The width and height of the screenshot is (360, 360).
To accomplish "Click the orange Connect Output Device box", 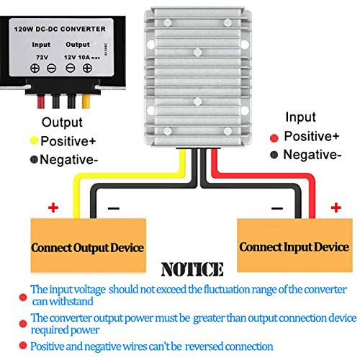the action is pos(89,245).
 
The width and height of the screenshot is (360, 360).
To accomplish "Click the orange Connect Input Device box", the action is pos(294,245).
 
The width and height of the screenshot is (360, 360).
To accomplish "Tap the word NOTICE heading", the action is pos(192,269).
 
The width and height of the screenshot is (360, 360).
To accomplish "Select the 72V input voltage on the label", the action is pos(42,58).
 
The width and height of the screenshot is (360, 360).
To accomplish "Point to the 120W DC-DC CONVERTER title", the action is pos(60,29).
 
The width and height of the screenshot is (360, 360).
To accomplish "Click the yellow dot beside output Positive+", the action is pos(35,140).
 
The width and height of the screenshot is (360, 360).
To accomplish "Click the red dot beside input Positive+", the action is pos(274,138).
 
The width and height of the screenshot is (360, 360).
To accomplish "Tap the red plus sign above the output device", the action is pos(53,207).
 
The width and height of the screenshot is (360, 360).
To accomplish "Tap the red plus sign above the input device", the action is pos(336,207).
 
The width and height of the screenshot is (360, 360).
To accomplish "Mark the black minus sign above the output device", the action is pos(114,208).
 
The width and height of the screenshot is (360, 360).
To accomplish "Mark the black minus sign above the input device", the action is pos(277,208).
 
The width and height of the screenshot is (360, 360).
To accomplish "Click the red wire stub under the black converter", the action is pos(41,102).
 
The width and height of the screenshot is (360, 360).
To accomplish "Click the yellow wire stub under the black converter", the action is pos(86,102).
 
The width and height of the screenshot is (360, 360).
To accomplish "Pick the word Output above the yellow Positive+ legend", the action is pos(62,122).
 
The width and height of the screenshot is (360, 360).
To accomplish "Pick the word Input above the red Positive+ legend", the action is pos(300,117).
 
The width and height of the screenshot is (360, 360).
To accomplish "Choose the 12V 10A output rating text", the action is pos(82,58).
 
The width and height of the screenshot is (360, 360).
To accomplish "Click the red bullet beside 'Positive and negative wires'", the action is pos(23,346).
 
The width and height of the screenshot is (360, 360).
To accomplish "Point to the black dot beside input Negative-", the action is pos(274,155).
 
